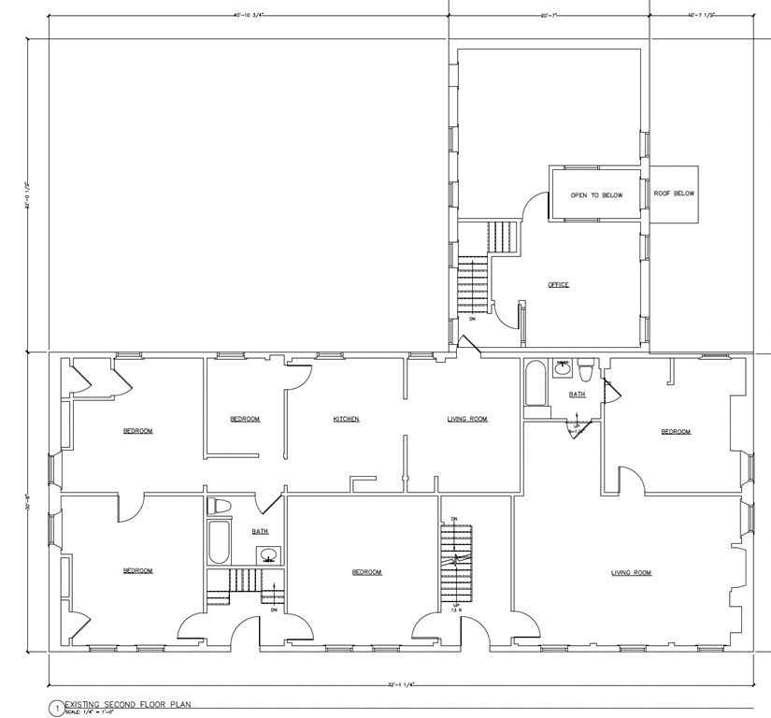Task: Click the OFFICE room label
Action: click(558, 284)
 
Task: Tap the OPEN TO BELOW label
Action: click(596, 195)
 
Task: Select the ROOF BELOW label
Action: click(674, 194)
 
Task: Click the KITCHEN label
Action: click(346, 419)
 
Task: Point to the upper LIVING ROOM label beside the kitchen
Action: click(467, 419)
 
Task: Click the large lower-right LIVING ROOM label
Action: click(631, 572)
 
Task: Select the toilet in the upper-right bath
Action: click(584, 371)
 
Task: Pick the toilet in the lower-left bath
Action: click(219, 506)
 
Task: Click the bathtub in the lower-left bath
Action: click(218, 542)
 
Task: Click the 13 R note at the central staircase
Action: click(456, 609)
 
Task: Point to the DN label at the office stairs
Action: click(473, 319)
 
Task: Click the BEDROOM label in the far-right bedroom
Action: click(675, 431)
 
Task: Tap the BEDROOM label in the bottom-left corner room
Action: click(137, 570)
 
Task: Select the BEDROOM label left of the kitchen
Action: click(245, 419)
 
